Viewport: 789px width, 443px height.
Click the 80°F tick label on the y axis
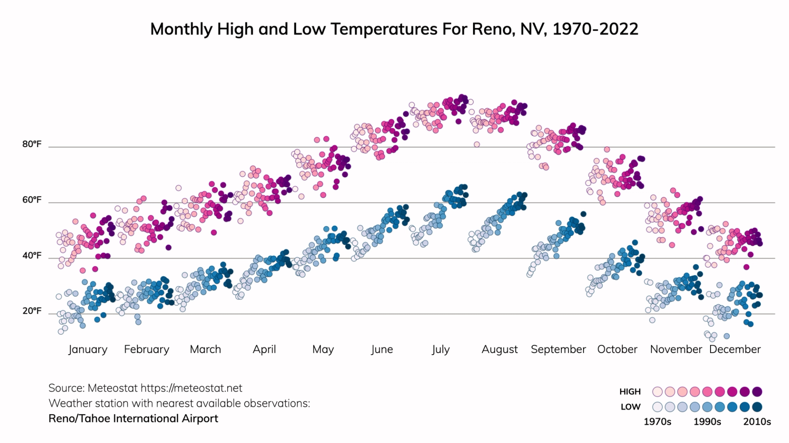click(x=32, y=144)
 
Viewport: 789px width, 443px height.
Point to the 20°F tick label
click(x=32, y=311)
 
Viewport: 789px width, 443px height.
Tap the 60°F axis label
click(x=32, y=200)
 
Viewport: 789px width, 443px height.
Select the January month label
click(x=88, y=349)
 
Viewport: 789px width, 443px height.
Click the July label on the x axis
click(x=441, y=349)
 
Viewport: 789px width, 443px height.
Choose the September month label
click(x=558, y=349)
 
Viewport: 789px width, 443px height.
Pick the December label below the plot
click(x=735, y=349)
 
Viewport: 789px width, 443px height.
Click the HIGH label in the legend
click(x=630, y=392)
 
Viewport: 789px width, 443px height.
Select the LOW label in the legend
click(x=630, y=407)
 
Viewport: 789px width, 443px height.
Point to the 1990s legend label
click(x=707, y=422)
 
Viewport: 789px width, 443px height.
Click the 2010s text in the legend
click(x=757, y=422)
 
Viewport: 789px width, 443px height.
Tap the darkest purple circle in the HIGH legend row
click(x=757, y=392)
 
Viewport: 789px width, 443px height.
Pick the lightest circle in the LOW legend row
click(x=657, y=407)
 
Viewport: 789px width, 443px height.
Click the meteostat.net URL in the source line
click(x=191, y=388)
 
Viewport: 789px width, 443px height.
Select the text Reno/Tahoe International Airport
click(x=133, y=419)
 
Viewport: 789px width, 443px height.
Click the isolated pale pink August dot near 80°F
click(x=477, y=144)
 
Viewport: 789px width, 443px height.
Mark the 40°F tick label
click(x=32, y=256)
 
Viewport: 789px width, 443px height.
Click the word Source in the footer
click(x=66, y=388)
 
